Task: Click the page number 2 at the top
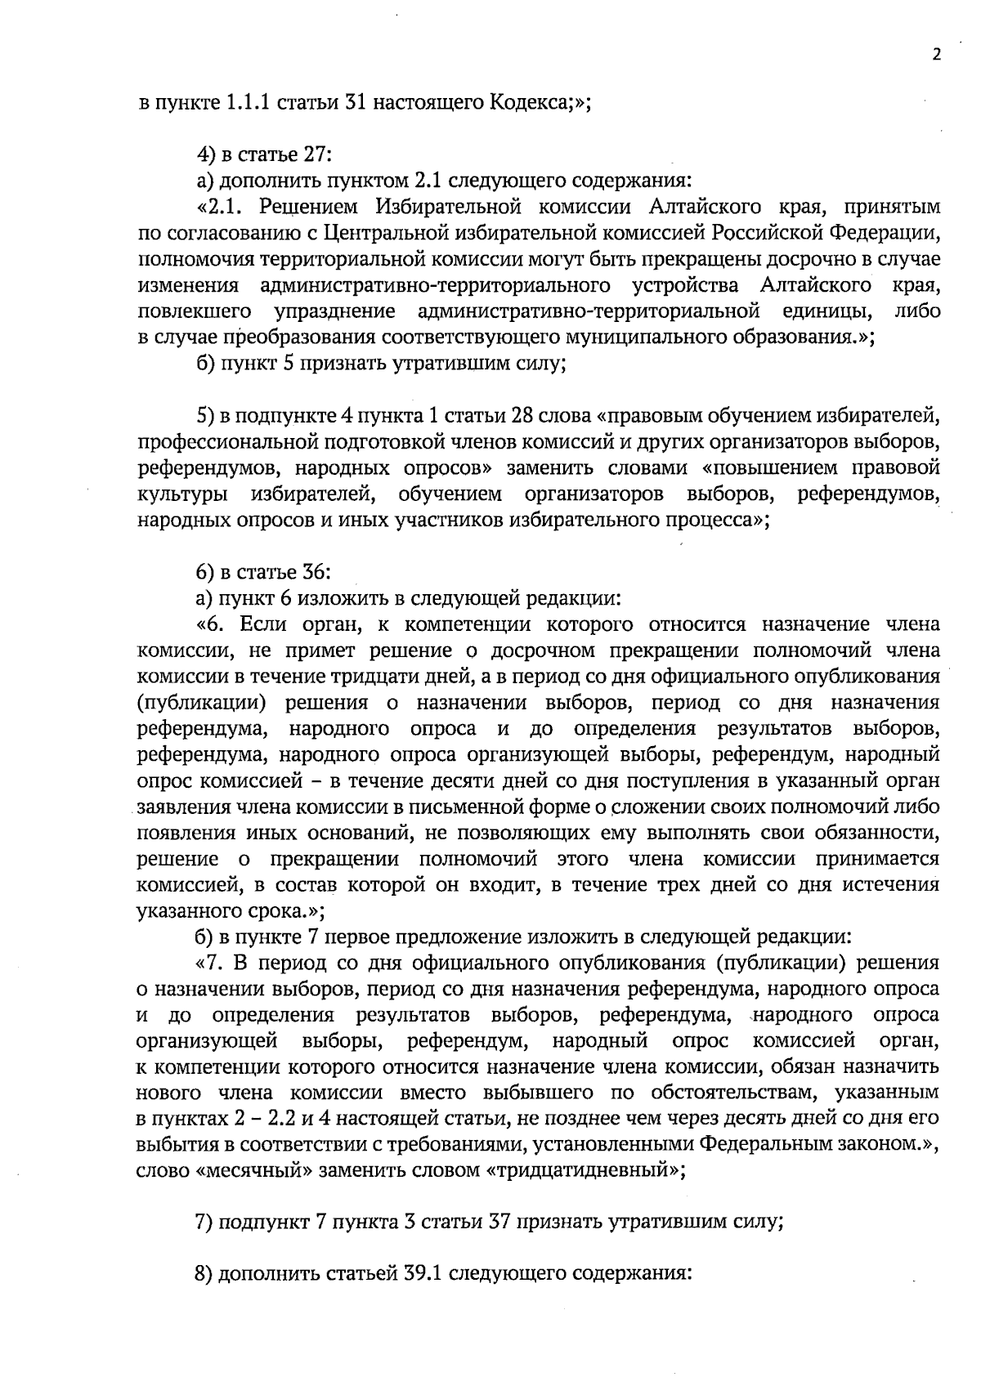(936, 55)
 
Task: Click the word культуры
(183, 495)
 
